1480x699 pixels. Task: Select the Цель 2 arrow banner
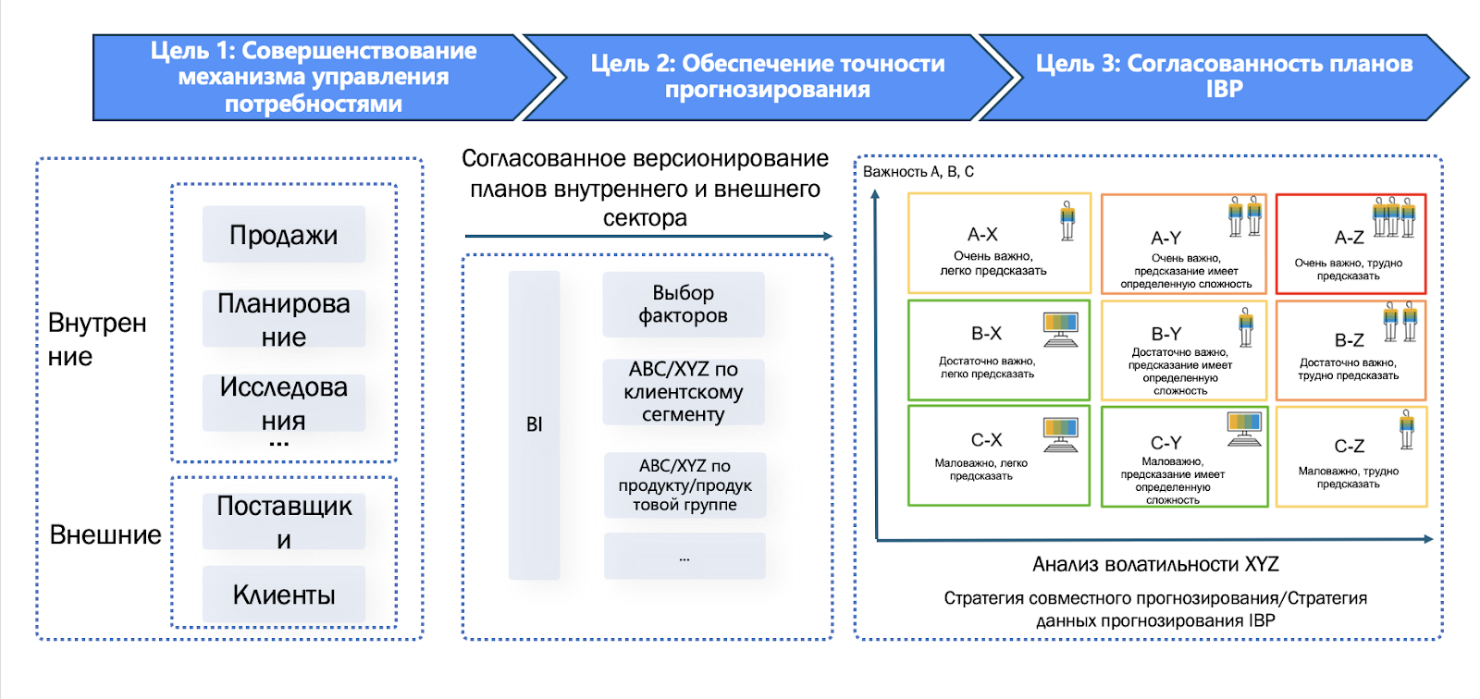tap(767, 78)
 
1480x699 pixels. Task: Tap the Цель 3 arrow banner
tap(1223, 78)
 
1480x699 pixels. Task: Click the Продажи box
tap(283, 235)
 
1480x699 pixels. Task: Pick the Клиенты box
tap(283, 595)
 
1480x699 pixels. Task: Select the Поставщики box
tap(283, 521)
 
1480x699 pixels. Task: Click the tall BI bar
tap(534, 424)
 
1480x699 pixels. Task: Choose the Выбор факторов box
tap(683, 304)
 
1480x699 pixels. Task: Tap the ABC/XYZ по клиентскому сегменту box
tap(683, 392)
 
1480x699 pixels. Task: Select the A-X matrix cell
tap(998, 243)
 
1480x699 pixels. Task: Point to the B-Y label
tap(1165, 334)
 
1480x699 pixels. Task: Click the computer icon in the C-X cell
tap(1060, 434)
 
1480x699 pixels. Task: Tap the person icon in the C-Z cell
tap(1406, 429)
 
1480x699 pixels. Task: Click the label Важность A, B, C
tap(918, 172)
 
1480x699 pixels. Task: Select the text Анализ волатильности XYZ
tap(1155, 564)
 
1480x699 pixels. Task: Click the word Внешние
tap(105, 534)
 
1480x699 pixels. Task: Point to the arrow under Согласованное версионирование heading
tap(647, 237)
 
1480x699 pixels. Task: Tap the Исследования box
tap(283, 403)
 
